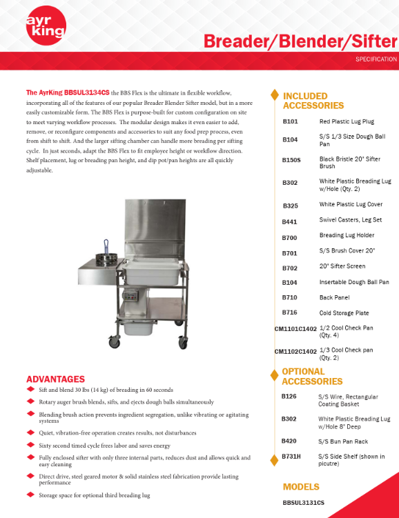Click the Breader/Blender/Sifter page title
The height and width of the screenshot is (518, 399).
[300, 41]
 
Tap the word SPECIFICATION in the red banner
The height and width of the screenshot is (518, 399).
[376, 59]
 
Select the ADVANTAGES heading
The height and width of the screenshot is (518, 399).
[55, 379]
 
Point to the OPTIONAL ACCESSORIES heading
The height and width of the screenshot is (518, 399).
[311, 376]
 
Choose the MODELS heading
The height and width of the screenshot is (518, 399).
[300, 486]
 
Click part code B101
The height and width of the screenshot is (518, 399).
[290, 121]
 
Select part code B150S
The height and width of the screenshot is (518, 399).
[291, 159]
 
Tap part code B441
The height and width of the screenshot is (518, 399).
[290, 221]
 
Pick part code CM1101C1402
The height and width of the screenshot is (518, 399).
[295, 330]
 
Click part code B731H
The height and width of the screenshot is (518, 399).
[291, 457]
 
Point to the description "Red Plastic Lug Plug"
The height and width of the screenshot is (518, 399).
[346, 121]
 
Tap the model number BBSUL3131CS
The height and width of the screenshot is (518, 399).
[303, 503]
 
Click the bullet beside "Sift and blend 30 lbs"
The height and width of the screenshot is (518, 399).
[30, 390]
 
